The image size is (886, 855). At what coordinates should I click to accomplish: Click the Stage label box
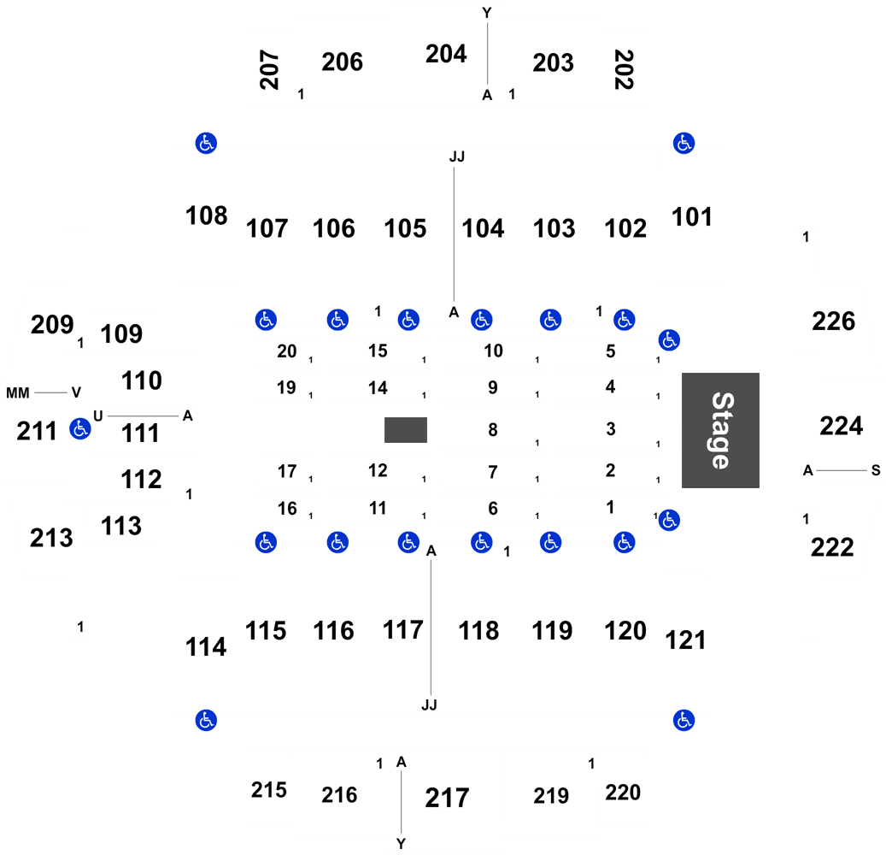pyautogui.click(x=720, y=430)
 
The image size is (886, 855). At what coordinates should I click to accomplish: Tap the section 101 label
pyautogui.click(x=691, y=217)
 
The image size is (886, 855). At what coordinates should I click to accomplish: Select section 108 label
pyautogui.click(x=206, y=216)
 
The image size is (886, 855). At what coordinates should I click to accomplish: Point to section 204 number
pyautogui.click(x=446, y=54)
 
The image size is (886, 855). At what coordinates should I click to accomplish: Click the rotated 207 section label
pyautogui.click(x=269, y=69)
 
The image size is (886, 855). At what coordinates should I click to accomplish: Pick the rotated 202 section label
pyautogui.click(x=624, y=69)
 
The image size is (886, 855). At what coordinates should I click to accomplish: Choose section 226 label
pyautogui.click(x=833, y=321)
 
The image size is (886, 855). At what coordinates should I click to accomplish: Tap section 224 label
pyautogui.click(x=842, y=427)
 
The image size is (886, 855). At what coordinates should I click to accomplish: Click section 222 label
pyautogui.click(x=832, y=547)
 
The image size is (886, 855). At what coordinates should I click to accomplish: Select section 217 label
pyautogui.click(x=447, y=798)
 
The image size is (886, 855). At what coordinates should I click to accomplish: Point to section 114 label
pyautogui.click(x=206, y=647)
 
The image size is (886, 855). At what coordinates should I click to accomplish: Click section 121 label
pyautogui.click(x=685, y=640)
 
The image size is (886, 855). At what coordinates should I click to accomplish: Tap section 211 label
pyautogui.click(x=37, y=432)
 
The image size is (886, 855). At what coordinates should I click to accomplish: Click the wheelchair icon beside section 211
pyautogui.click(x=80, y=428)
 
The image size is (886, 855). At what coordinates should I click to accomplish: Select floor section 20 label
pyautogui.click(x=287, y=351)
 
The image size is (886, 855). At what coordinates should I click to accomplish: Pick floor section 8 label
pyautogui.click(x=493, y=430)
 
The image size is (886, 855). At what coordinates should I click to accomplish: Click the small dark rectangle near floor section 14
pyautogui.click(x=406, y=430)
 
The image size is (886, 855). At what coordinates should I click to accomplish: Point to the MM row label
pyautogui.click(x=18, y=392)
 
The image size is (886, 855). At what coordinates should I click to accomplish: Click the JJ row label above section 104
pyautogui.click(x=457, y=156)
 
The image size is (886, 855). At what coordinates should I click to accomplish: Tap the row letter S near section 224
pyautogui.click(x=876, y=470)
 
